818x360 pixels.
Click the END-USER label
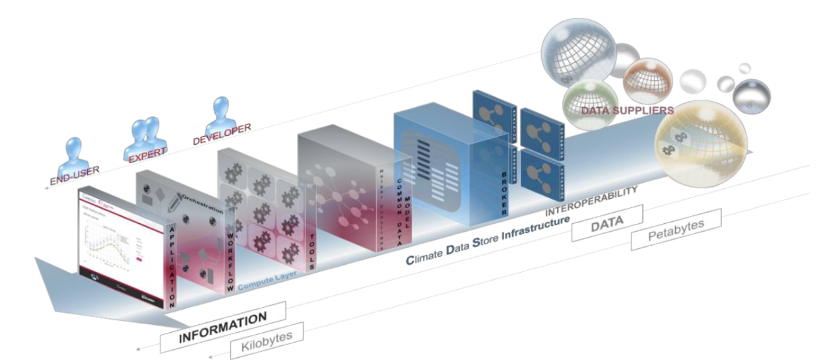75,175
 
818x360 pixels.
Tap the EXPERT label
147,155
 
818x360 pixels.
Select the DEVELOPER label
222,134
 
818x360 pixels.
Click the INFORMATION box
223,327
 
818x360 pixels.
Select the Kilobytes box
267,341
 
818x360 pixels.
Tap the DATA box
607,223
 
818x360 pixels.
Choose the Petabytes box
676,229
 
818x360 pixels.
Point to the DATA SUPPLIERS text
627,111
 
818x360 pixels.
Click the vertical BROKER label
504,194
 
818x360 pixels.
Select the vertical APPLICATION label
172,267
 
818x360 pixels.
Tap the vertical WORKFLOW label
230,262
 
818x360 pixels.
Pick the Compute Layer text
267,281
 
